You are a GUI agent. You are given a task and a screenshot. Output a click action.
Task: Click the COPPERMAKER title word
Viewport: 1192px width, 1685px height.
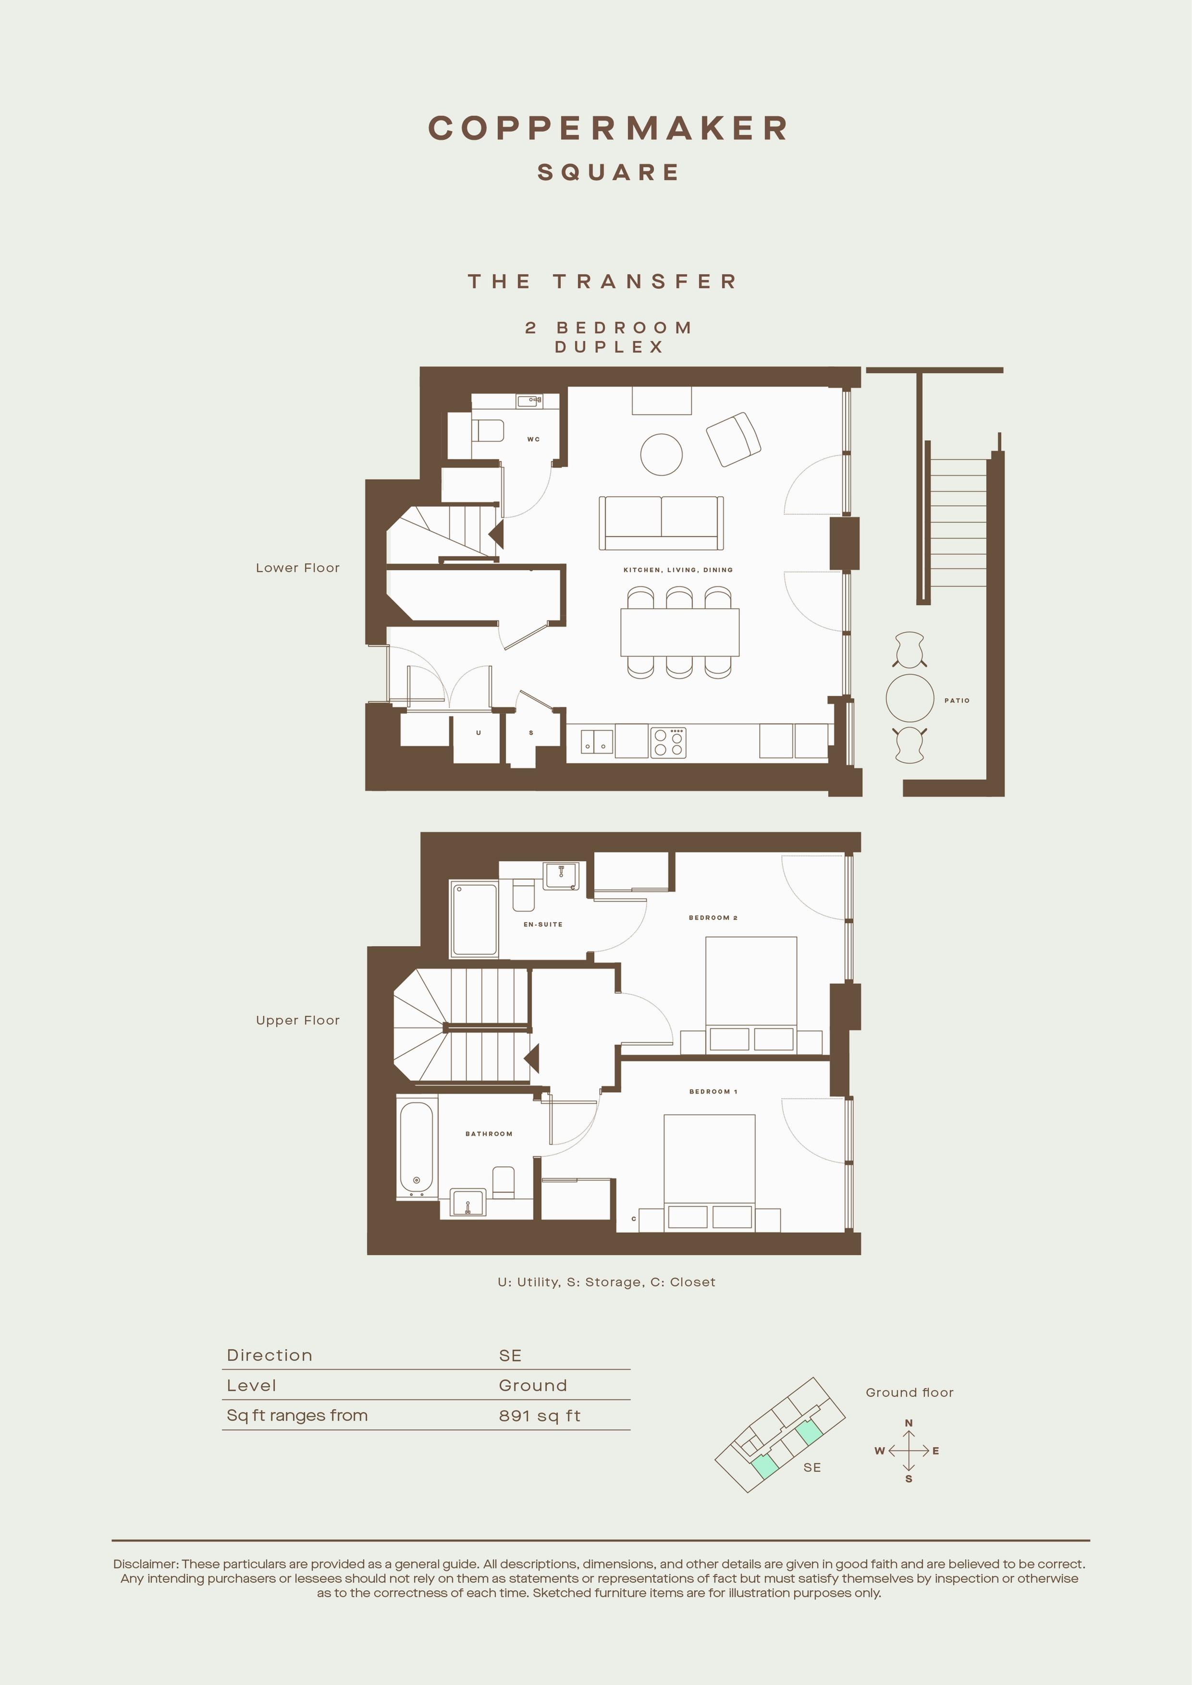pos(608,128)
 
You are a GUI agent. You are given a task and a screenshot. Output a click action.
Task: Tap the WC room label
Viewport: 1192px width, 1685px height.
pos(534,440)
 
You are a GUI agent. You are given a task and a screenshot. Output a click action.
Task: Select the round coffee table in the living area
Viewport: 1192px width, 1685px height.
pos(661,455)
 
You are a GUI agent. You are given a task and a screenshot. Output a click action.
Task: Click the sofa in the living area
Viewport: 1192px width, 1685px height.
pos(661,523)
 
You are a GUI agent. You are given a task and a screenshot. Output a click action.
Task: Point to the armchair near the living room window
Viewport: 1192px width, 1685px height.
pos(733,439)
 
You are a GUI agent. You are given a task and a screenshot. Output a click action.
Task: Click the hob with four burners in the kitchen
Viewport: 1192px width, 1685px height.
pos(668,742)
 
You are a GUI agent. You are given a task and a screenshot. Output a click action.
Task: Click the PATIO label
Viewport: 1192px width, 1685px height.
pos(957,701)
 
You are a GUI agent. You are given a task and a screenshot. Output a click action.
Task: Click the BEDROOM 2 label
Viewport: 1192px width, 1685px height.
pos(713,918)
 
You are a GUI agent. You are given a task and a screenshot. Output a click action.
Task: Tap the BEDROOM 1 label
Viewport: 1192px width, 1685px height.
pos(713,1092)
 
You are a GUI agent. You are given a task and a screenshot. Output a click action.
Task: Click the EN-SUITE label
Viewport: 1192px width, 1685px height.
pos(543,925)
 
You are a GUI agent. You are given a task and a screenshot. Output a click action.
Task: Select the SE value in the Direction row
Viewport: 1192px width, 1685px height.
pos(510,1355)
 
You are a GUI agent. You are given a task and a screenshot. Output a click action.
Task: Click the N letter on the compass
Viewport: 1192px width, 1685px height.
pos(909,1423)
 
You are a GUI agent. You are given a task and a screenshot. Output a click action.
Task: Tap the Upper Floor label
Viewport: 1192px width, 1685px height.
pos(298,1021)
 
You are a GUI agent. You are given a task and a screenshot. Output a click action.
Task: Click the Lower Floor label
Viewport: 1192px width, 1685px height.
pos(298,568)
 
